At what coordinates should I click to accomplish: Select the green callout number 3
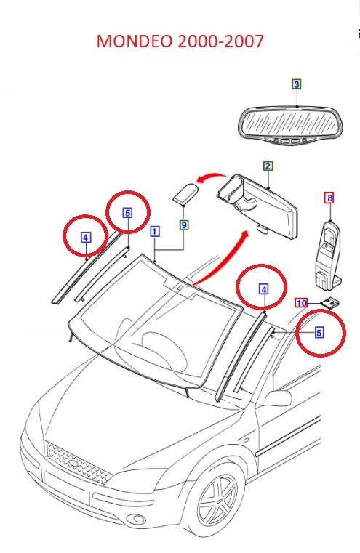pos(297,85)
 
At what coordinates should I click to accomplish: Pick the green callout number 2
pos(268,166)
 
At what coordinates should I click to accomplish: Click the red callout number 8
pos(329,197)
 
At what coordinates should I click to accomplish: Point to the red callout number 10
pos(301,302)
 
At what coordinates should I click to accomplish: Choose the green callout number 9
pos(184,225)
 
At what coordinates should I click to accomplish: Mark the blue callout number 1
pos(154,232)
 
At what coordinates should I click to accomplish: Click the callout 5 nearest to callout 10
pos(319,332)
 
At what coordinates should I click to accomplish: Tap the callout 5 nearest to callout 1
pos(127,213)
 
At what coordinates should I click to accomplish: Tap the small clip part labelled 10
pos(331,303)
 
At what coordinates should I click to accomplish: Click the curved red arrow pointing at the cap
pos(211,177)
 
